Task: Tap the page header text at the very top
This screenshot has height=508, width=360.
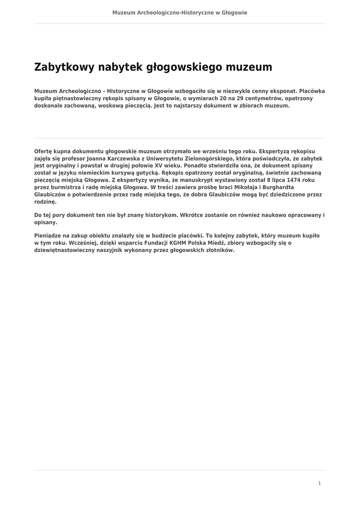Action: (x=180, y=12)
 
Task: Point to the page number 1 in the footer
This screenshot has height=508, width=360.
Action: (x=319, y=483)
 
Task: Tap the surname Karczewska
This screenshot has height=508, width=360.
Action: (x=132, y=158)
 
